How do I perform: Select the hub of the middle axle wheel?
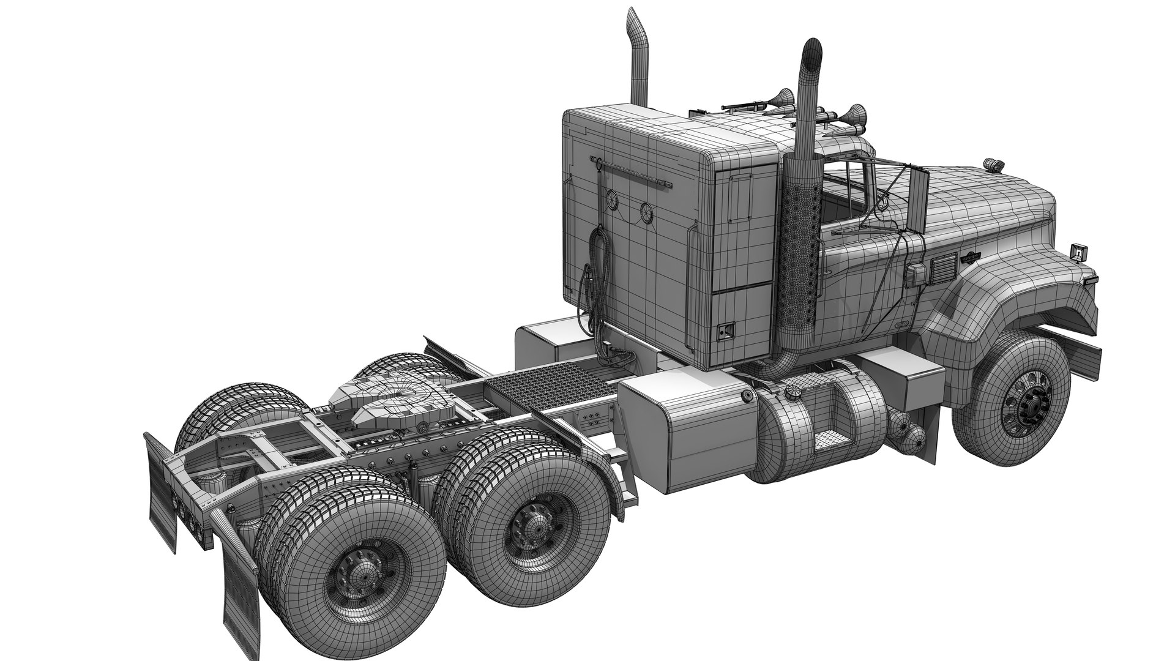(530, 524)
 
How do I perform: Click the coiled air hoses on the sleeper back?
(592, 282)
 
